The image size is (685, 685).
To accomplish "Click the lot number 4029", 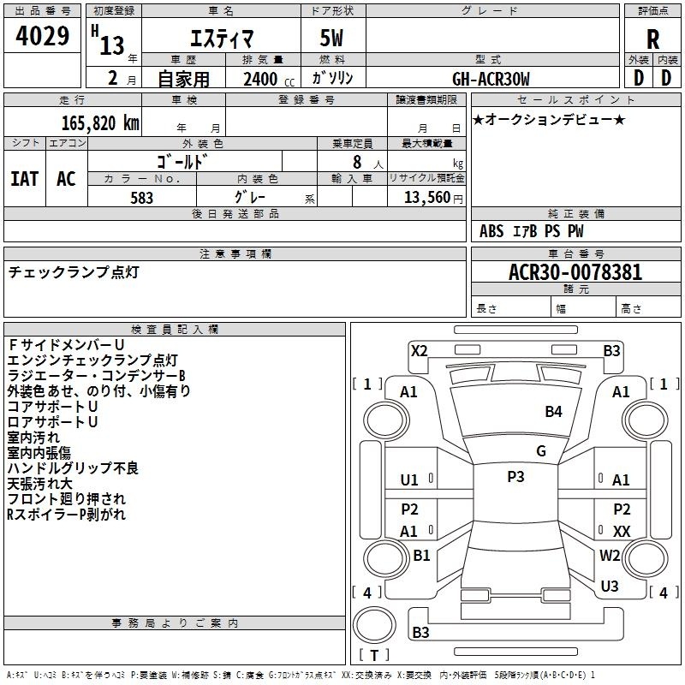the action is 42,35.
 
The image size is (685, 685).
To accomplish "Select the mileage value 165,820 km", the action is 100,123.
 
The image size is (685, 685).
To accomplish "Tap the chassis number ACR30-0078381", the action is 575,272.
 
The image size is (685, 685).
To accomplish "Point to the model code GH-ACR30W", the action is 491,79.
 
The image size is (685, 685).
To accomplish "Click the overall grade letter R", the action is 653,39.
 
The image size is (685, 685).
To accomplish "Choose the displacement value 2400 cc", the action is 269,79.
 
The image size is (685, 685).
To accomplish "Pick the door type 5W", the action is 331,38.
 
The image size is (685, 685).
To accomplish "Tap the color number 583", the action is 142,198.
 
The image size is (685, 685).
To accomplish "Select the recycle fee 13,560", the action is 427,198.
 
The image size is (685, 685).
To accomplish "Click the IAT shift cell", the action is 25,179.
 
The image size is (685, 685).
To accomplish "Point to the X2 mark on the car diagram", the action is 420,351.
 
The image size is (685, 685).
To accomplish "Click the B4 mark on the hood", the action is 553,412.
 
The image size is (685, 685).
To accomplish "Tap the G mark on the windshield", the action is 541,451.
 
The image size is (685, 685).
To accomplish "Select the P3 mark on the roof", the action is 515,477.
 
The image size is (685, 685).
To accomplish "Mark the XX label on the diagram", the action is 622,532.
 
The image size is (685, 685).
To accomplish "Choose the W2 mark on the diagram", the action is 610,556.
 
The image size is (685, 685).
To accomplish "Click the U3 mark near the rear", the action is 610,587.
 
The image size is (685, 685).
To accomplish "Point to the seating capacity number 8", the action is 357,162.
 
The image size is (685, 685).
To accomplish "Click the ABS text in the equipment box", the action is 491,231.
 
